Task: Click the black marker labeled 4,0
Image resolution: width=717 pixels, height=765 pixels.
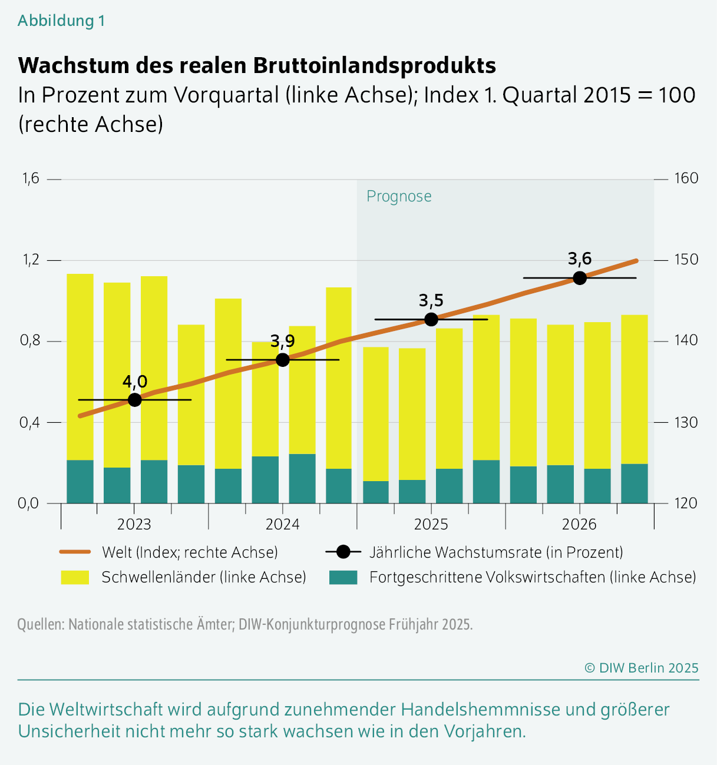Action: click(134, 400)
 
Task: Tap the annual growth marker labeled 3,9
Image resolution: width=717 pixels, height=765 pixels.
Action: click(283, 360)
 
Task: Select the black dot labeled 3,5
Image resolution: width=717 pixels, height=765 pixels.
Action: click(431, 320)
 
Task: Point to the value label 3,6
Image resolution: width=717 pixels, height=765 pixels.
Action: click(580, 259)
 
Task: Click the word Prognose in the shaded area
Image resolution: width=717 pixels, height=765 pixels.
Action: click(399, 197)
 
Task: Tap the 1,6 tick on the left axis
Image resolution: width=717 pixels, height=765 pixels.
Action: click(31, 178)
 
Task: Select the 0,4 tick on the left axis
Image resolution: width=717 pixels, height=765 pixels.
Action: click(31, 422)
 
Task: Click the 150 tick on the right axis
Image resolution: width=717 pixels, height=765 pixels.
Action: click(686, 260)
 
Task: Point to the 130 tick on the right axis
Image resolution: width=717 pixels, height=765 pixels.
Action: click(686, 422)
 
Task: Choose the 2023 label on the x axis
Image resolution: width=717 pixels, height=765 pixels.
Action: click(134, 524)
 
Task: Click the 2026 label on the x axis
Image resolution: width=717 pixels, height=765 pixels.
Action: click(579, 524)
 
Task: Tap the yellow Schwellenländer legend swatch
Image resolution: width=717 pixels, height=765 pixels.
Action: click(75, 577)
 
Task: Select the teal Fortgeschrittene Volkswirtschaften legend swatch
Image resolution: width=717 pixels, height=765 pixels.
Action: click(343, 577)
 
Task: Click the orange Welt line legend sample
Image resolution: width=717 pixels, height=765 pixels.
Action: click(75, 552)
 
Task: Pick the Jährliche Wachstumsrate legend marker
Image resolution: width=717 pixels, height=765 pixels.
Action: click(343, 552)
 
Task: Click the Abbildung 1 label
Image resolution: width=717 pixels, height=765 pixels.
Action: click(61, 21)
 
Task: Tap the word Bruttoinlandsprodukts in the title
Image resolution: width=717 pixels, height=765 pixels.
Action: click(375, 65)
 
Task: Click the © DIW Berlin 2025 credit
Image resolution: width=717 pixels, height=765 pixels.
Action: click(641, 668)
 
